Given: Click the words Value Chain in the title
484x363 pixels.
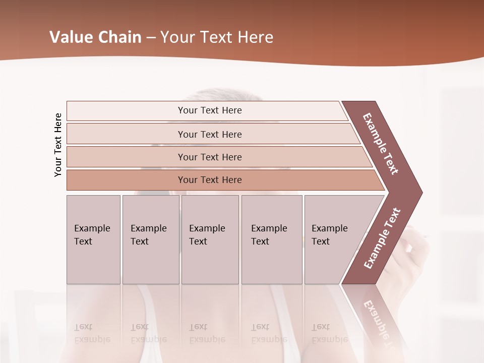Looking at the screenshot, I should point(95,37).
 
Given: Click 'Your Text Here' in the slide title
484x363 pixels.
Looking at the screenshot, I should point(217,37).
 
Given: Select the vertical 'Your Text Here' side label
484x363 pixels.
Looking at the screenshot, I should point(58,145).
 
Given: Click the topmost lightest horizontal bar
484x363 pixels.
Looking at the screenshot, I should point(209,110).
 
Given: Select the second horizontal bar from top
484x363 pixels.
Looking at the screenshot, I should point(209,134).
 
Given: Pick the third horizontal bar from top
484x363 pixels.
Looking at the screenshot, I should point(209,157).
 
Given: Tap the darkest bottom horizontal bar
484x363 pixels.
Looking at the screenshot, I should point(209,180).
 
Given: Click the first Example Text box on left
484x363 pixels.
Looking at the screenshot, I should point(93,239).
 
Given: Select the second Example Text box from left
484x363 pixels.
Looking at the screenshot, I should point(150,239).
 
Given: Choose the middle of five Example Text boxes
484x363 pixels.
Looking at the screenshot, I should point(210,239).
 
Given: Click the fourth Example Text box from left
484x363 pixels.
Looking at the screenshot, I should point(271,239).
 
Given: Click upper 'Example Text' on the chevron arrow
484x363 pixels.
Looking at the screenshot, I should point(380,144).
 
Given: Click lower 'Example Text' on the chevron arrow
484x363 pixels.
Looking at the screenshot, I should point(382,238).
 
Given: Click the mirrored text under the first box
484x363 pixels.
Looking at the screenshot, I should point(92,333).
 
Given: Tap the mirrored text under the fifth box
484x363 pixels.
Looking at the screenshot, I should point(329,333).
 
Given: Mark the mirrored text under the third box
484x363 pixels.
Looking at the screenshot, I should point(207,333).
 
